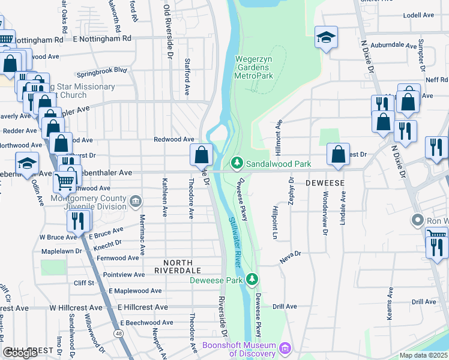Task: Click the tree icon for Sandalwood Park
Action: tap(237, 163)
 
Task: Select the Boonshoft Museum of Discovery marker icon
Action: tap(286, 348)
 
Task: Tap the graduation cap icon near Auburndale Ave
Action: tap(327, 38)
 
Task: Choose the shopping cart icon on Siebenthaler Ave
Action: tap(65, 181)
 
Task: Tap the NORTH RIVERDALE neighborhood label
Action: tap(178, 266)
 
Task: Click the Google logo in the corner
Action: tap(20, 353)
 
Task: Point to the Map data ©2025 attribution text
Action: tap(423, 355)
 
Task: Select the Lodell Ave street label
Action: tap(418, 14)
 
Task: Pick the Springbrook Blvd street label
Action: tap(105, 70)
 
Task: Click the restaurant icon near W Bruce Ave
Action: tap(79, 221)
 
